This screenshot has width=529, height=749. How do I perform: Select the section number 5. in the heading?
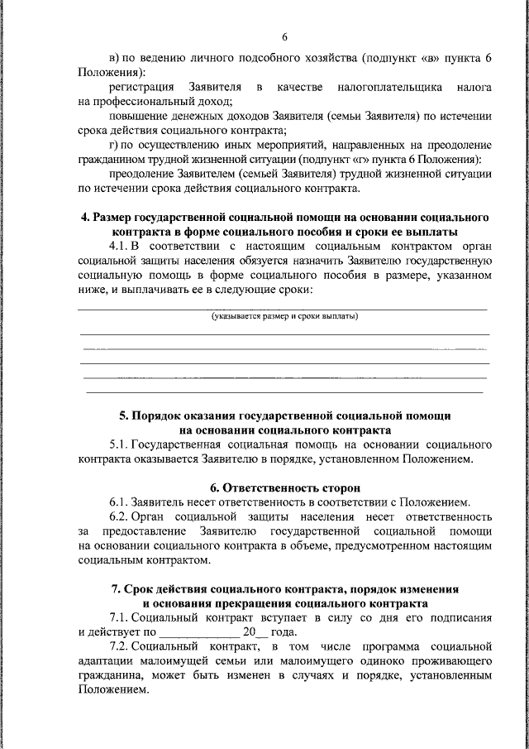[124, 414]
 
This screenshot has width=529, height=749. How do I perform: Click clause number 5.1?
[117, 444]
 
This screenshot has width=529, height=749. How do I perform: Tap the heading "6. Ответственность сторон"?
[284, 488]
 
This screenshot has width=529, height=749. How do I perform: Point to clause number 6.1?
[117, 502]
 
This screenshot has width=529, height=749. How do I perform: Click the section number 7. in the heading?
[117, 589]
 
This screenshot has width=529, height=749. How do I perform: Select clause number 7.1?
[117, 618]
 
